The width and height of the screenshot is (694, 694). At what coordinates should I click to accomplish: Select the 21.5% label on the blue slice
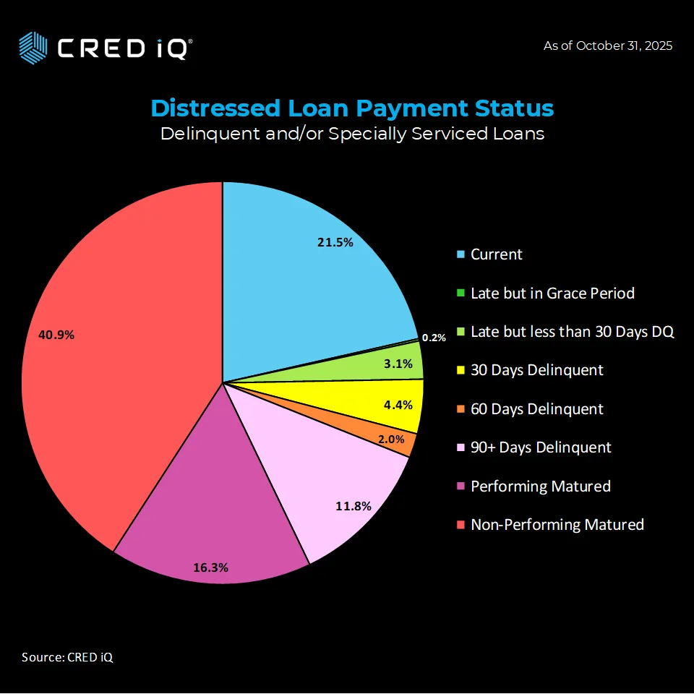coord(335,243)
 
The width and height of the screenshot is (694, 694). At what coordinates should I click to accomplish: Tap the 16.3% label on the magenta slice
coord(210,567)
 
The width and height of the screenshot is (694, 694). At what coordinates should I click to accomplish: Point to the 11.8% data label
coord(354,506)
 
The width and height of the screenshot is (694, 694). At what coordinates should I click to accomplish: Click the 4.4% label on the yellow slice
coord(398,405)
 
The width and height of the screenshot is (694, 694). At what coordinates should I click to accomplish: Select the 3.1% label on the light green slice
coord(398,364)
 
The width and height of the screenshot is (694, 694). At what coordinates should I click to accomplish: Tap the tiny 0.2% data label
coord(434,338)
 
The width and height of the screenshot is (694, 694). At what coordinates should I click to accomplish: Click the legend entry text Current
coord(496,254)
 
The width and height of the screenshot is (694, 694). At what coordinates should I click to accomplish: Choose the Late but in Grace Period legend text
coord(552,293)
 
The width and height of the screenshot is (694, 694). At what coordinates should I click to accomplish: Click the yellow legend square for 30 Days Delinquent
coord(460,370)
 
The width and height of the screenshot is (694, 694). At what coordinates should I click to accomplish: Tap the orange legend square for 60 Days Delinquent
coord(460,409)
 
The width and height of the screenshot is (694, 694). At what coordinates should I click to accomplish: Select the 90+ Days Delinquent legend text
coord(541,447)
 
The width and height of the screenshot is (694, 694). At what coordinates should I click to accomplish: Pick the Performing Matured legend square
coord(460,487)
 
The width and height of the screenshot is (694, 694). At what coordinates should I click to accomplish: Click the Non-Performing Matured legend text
coord(557,525)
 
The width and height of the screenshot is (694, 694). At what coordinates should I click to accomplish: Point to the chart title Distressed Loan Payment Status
coord(352,108)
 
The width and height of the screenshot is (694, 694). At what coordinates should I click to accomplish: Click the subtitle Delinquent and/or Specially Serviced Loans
coord(352,134)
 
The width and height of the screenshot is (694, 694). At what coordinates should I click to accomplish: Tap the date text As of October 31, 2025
coord(607,46)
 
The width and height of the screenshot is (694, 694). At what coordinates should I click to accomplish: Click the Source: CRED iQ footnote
coord(67,657)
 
